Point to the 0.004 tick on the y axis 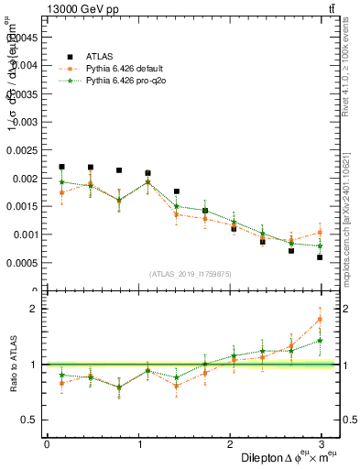tap(25, 65)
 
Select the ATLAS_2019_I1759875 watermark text tap(191, 274)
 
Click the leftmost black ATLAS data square tap(61, 167)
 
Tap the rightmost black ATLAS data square tap(320, 257)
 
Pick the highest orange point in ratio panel tap(320, 319)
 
